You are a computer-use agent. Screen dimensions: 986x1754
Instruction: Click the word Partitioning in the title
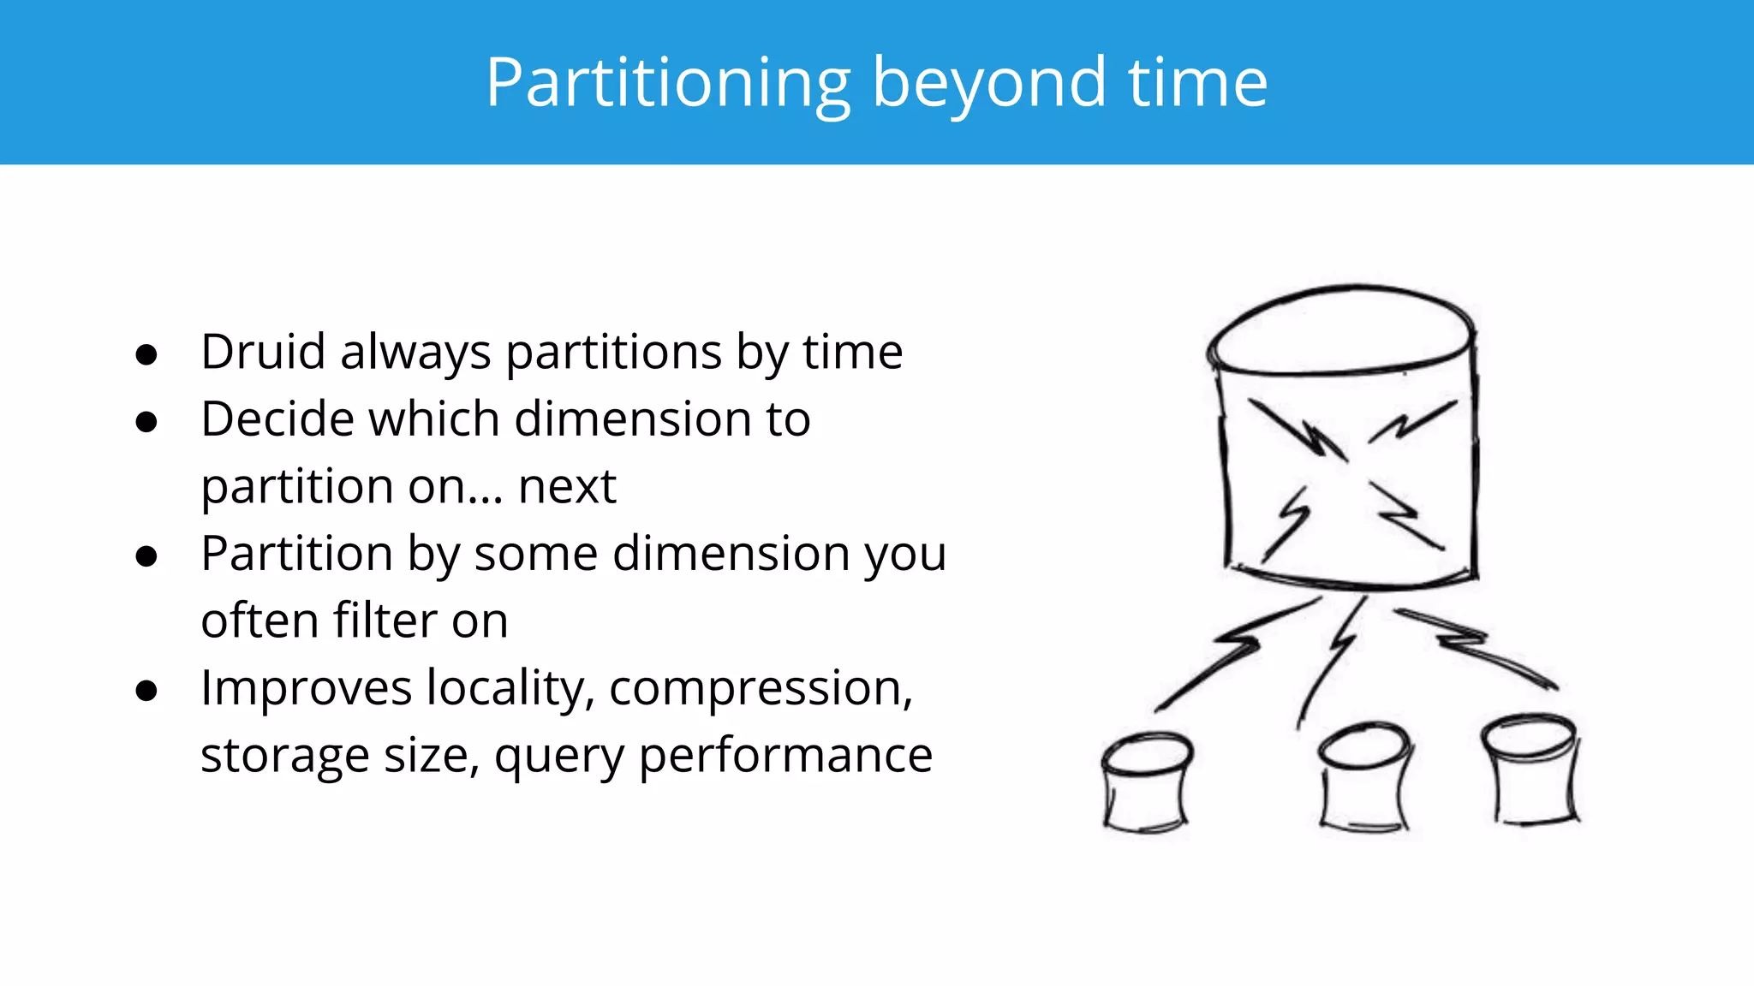point(668,83)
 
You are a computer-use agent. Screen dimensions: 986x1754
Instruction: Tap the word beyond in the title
point(989,83)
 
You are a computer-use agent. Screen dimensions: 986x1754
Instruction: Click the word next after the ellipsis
point(567,486)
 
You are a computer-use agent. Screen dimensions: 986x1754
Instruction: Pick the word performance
point(785,756)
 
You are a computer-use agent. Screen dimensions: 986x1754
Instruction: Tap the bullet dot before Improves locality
point(146,691)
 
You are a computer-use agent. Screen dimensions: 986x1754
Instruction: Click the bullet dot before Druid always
point(146,354)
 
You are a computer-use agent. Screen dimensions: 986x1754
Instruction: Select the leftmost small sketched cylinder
point(1146,782)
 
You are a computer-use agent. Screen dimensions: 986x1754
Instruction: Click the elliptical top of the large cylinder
point(1340,330)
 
